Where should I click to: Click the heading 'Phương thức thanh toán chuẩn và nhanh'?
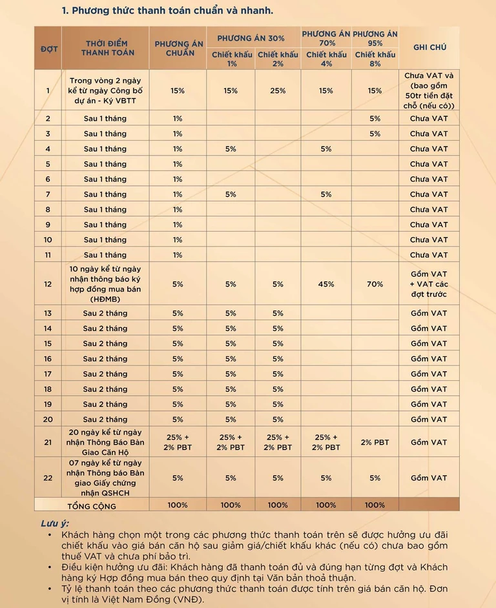click(167, 11)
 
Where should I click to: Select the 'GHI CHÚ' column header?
click(429, 47)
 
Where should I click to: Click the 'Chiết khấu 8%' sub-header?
click(375, 59)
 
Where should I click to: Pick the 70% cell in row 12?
click(375, 284)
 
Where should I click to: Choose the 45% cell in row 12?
click(326, 284)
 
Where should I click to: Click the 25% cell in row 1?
click(278, 91)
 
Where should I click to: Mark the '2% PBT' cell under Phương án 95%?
click(375, 442)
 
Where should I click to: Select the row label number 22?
click(48, 478)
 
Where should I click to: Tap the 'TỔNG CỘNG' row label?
click(92, 505)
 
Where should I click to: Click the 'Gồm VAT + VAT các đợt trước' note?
click(429, 284)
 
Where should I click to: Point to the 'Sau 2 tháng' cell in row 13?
click(105, 313)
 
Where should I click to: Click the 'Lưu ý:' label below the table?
click(55, 522)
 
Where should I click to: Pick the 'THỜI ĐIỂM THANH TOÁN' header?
click(105, 48)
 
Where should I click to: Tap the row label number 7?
click(48, 194)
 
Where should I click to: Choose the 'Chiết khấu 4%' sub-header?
click(327, 59)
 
